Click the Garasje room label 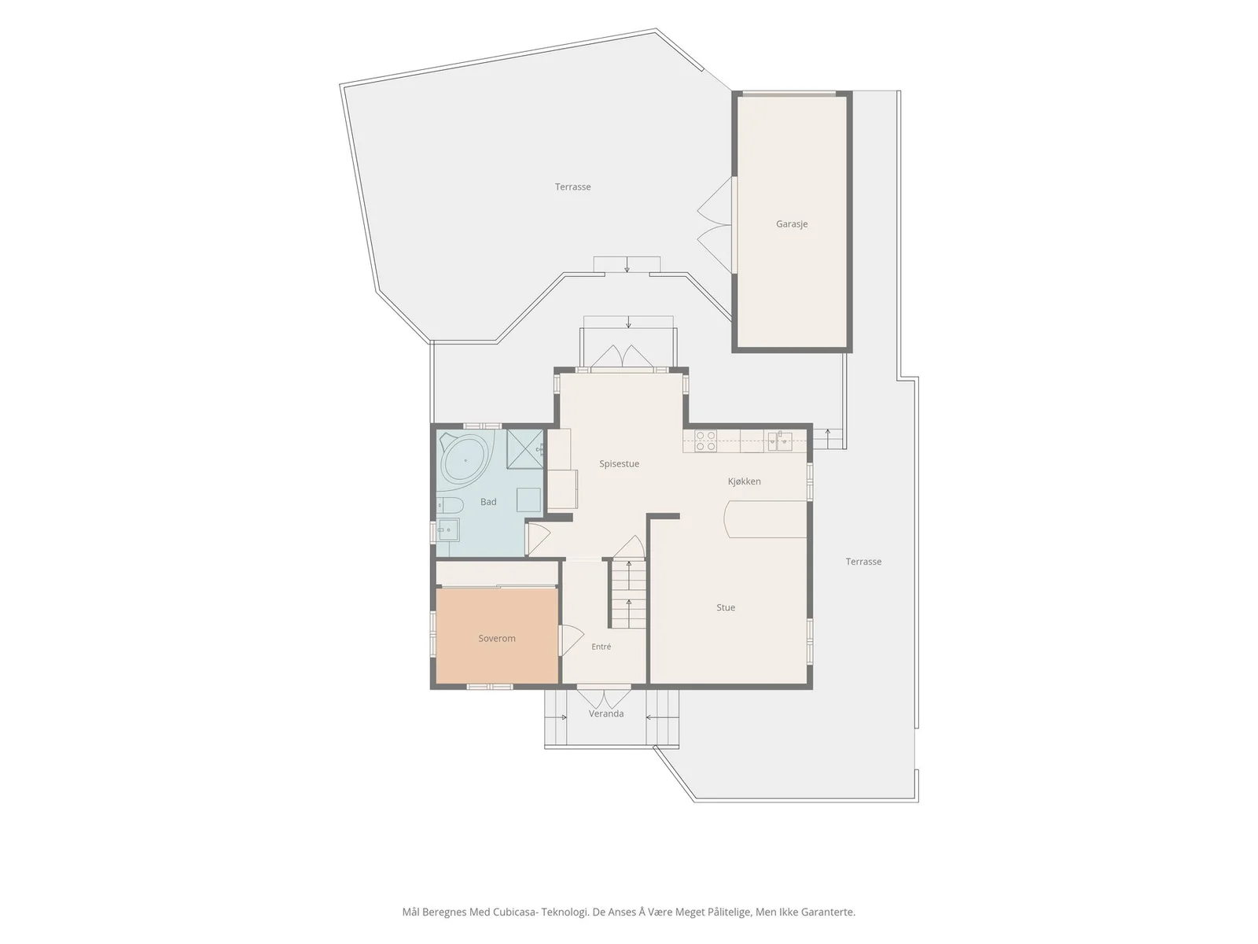(792, 224)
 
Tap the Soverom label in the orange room (497, 639)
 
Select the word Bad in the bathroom (488, 502)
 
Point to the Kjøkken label (745, 481)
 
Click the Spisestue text (619, 463)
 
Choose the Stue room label (726, 607)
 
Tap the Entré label (601, 647)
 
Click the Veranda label (606, 714)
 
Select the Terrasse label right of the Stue (863, 562)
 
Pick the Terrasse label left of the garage (572, 187)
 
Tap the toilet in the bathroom (450, 506)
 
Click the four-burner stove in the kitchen (705, 441)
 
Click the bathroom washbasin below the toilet (448, 529)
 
